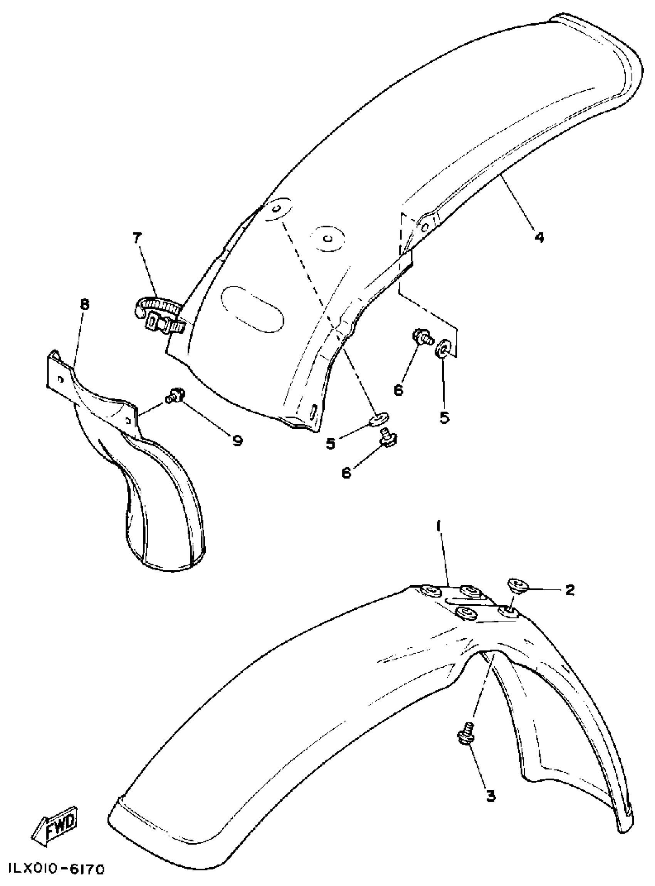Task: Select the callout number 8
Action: [x=84, y=305]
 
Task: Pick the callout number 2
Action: [x=570, y=590]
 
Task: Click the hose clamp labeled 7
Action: [x=159, y=317]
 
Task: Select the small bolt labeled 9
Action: [x=173, y=395]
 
